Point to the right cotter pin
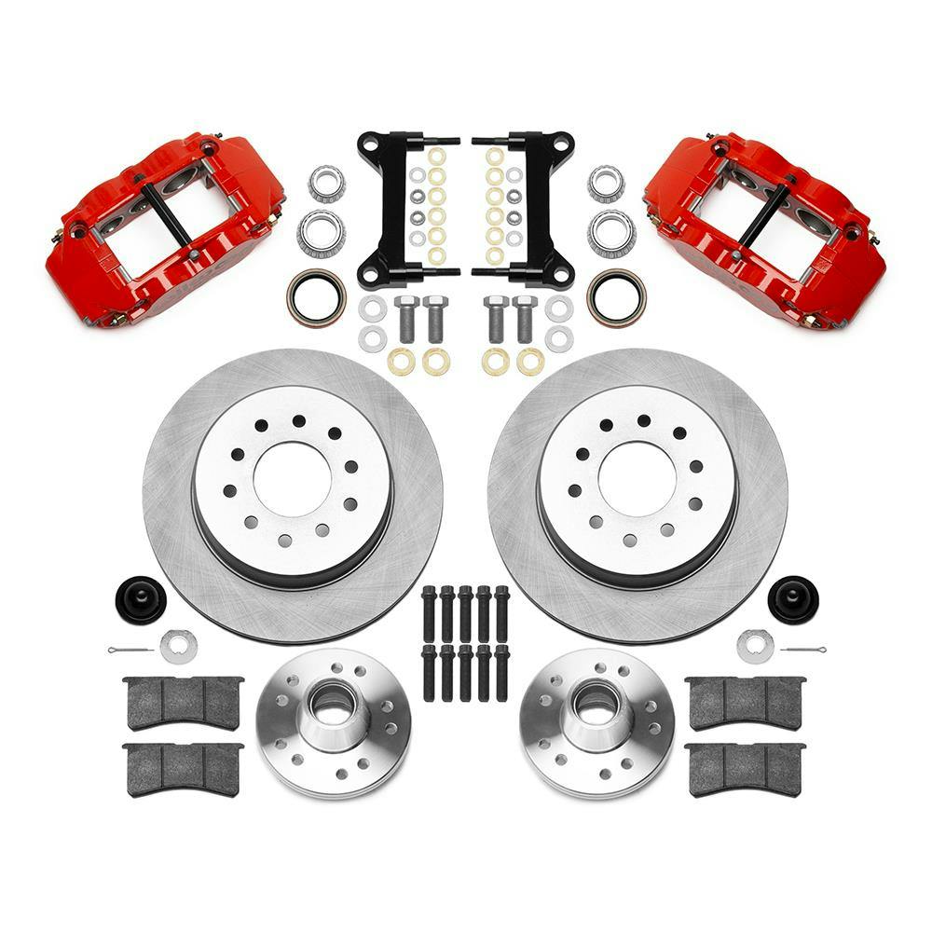[802, 648]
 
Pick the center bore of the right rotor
[637, 477]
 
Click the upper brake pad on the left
[183, 701]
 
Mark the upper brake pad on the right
[744, 701]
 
